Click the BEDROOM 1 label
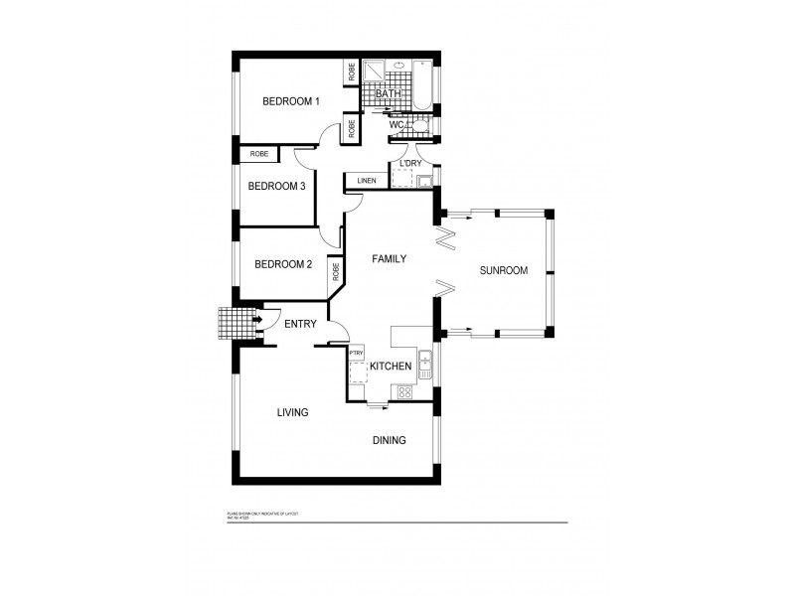(290, 101)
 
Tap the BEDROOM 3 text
(276, 186)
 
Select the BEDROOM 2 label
(283, 264)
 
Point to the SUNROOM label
(503, 270)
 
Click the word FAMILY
(390, 258)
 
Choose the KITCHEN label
(391, 367)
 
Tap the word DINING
(389, 440)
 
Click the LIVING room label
(292, 412)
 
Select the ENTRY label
(300, 325)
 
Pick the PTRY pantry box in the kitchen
(356, 353)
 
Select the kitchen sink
(424, 365)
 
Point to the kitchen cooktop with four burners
(405, 391)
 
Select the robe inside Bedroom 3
(259, 154)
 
